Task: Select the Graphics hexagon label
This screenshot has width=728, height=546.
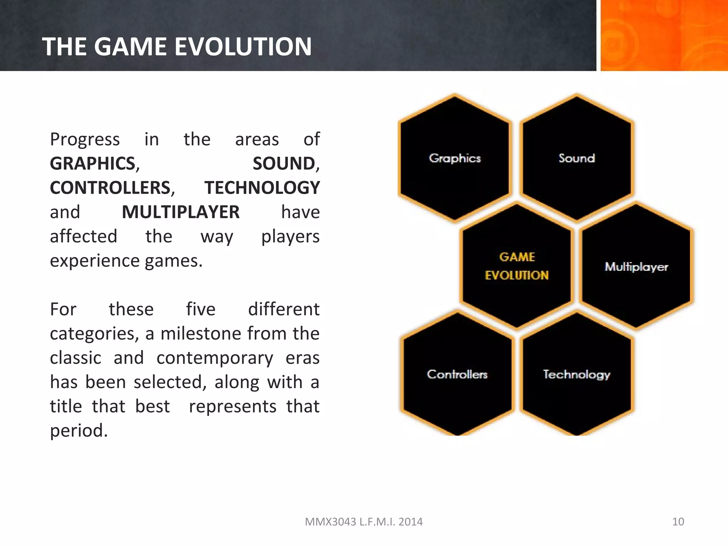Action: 455,158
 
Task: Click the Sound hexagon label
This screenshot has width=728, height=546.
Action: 577,158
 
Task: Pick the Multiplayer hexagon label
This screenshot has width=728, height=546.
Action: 636,267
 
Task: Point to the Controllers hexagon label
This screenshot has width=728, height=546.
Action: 457,374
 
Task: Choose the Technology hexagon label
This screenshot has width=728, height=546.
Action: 576,374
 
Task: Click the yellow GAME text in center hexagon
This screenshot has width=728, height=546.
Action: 517,257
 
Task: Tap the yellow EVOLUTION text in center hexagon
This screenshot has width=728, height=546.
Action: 517,275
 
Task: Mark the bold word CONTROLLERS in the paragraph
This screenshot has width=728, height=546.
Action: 111,188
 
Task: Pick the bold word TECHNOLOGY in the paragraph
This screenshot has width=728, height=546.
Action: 262,188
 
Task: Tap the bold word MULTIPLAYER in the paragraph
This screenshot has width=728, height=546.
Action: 181,212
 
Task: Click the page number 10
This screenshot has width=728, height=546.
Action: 678,521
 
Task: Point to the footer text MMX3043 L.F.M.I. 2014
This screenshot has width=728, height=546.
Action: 364,521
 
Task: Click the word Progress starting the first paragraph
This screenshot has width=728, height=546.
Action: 85,139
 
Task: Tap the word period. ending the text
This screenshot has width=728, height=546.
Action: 79,430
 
